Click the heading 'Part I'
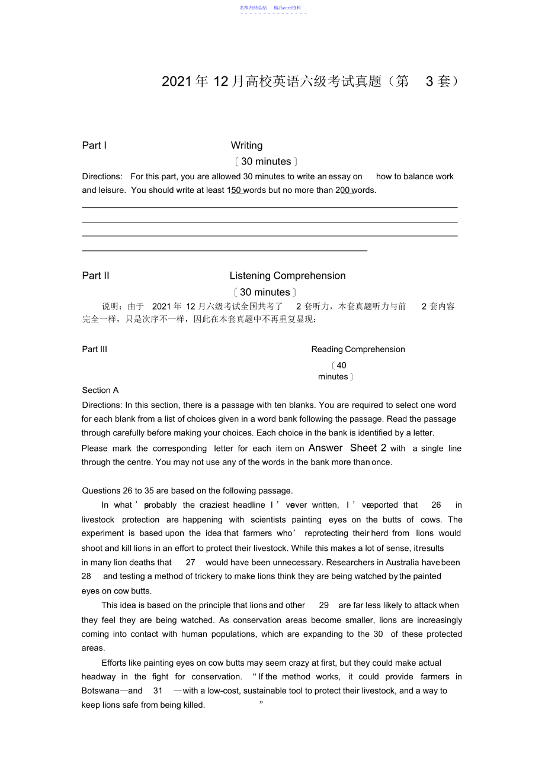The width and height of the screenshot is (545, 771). point(94,146)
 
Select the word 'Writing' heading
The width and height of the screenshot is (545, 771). point(246,146)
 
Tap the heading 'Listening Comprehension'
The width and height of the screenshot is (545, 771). point(287,276)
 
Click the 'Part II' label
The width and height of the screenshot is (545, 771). point(95,276)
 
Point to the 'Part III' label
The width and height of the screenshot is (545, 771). point(95,349)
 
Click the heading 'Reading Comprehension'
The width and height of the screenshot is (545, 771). point(358,349)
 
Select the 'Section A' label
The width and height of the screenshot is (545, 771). point(100,390)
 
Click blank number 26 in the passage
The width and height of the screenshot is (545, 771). point(436,505)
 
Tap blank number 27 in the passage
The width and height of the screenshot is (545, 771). point(190,562)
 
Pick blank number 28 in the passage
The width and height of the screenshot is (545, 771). point(86,576)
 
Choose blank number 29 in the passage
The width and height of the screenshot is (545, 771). point(323,605)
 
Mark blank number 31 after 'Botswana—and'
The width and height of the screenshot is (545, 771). point(158,691)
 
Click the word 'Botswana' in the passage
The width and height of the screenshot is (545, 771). point(100,691)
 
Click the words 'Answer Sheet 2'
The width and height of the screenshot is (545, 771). point(347,448)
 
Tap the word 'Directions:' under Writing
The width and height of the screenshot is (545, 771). point(102,176)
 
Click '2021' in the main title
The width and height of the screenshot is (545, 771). point(176,82)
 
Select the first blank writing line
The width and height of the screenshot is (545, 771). point(270,207)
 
